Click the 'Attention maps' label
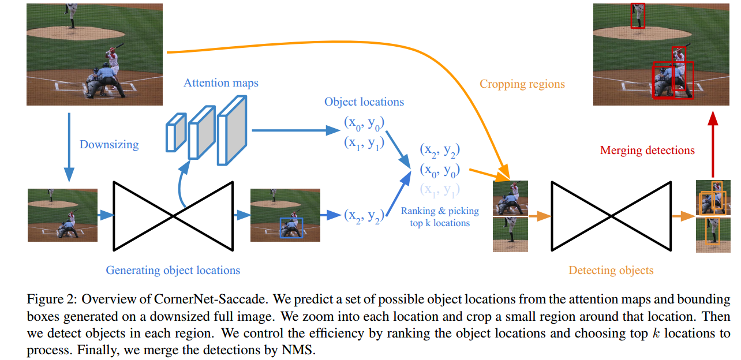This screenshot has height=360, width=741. coord(221,82)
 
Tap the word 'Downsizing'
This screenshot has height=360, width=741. coord(109,144)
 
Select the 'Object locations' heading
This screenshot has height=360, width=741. coord(364,102)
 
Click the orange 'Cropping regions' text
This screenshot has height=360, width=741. coord(522,84)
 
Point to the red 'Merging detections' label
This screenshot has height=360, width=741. coord(648,150)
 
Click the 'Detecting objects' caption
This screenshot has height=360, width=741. coord(611,270)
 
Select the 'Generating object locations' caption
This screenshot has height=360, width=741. coord(173,270)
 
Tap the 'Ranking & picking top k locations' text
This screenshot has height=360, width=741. coord(440,217)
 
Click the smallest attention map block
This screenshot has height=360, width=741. coord(175,133)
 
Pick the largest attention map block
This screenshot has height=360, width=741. coord(232,130)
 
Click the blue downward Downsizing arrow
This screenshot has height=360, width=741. coord(69,147)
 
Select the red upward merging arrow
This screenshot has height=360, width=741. coord(713,144)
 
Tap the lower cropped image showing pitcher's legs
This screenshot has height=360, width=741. coord(510,235)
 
